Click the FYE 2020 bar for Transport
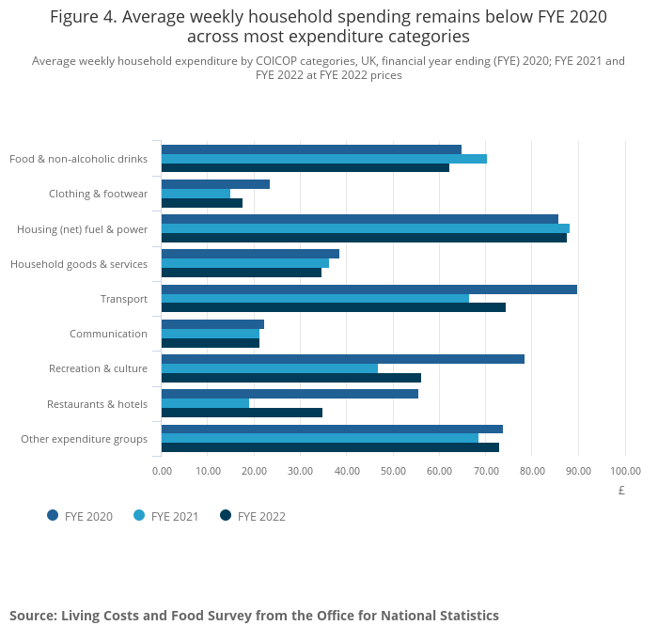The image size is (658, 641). click(368, 289)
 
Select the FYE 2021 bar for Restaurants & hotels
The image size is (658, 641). click(205, 403)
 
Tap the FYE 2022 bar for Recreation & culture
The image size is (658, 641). click(290, 378)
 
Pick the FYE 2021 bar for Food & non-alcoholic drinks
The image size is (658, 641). click(323, 159)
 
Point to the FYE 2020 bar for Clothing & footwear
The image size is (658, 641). click(215, 184)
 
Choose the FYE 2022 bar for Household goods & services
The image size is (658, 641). click(241, 273)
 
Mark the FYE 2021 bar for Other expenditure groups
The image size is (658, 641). click(320, 438)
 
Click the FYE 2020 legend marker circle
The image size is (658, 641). click(53, 515)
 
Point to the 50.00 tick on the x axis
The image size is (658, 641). click(393, 471)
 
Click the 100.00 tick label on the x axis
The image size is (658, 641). click(625, 471)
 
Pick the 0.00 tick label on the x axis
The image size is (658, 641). click(162, 471)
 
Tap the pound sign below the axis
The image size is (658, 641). click(621, 491)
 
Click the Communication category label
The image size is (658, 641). click(108, 334)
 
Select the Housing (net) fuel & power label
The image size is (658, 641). click(82, 229)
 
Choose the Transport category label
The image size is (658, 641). click(124, 299)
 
